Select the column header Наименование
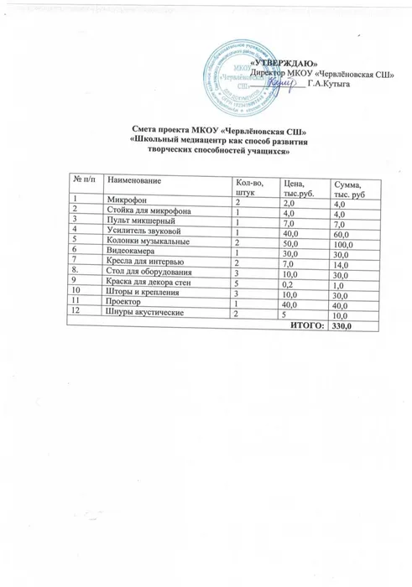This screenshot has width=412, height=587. [x=133, y=182]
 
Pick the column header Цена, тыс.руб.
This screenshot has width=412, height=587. [x=295, y=188]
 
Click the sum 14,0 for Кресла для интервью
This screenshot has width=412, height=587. [x=342, y=265]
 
